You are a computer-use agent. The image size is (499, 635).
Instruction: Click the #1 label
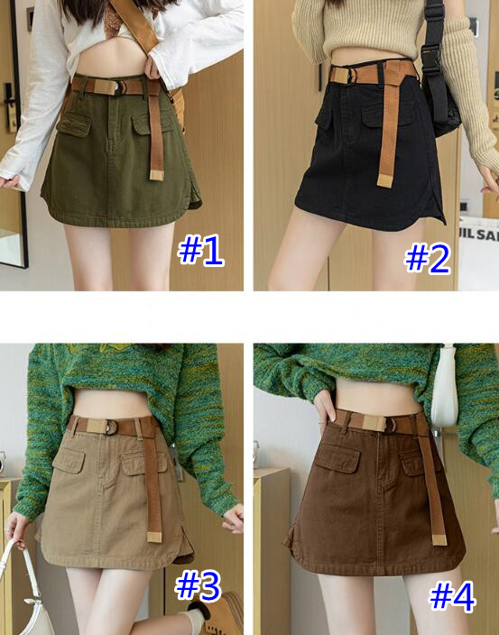tap(200, 250)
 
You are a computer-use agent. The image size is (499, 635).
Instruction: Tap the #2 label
tap(428, 258)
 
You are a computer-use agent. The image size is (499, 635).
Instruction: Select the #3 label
tap(198, 586)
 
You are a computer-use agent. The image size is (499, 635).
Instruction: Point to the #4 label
tap(452, 596)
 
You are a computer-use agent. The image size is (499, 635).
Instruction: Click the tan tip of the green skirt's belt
tap(157, 175)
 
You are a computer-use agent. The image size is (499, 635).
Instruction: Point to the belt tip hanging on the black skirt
tap(384, 181)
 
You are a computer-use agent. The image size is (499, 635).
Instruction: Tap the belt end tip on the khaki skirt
tap(154, 538)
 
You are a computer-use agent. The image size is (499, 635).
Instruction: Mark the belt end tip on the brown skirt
tap(439, 539)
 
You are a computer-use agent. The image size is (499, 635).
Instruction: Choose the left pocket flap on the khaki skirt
tap(69, 461)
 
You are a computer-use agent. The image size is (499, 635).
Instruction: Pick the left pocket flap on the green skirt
tap(73, 124)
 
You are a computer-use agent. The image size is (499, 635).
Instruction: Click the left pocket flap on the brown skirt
tap(337, 456)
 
